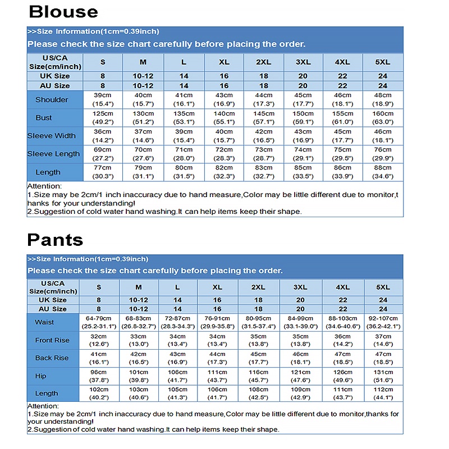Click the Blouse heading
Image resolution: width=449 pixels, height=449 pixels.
point(63,12)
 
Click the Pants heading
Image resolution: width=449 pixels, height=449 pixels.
point(55,240)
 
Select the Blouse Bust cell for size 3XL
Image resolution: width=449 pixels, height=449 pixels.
point(303,118)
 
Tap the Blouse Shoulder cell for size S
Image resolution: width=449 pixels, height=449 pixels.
point(103,100)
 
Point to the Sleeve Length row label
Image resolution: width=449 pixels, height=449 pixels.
point(53,154)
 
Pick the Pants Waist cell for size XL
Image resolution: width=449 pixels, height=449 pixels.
point(217,322)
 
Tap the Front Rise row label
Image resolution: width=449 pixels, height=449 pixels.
point(52,340)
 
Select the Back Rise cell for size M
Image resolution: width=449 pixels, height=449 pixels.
point(138,358)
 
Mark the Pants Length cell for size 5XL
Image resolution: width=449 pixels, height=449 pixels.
point(383,394)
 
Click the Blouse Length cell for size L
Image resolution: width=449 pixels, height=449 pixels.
point(184,172)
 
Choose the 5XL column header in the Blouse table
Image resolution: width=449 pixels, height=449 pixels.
point(383,62)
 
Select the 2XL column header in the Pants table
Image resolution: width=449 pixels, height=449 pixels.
point(258,287)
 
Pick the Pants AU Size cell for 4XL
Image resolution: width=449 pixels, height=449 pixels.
point(342,309)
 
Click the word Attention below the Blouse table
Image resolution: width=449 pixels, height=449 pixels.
point(45,186)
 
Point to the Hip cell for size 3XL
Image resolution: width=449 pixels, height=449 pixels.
point(300,376)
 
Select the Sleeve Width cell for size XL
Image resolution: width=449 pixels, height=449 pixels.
point(224,136)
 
